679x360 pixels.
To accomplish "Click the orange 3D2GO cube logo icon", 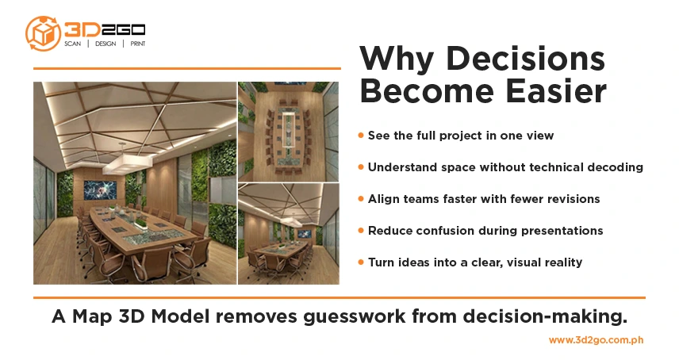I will [x=43, y=33].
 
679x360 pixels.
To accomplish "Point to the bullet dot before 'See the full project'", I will [x=362, y=136].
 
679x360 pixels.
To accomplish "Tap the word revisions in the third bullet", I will [x=572, y=199].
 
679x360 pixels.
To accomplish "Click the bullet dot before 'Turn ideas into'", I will [x=362, y=262].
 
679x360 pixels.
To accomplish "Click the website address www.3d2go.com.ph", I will [x=596, y=340].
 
